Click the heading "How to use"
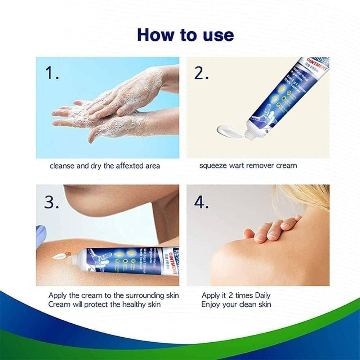[x=185, y=35]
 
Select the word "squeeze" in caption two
[x=213, y=166]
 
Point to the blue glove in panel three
[x=41, y=235]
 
